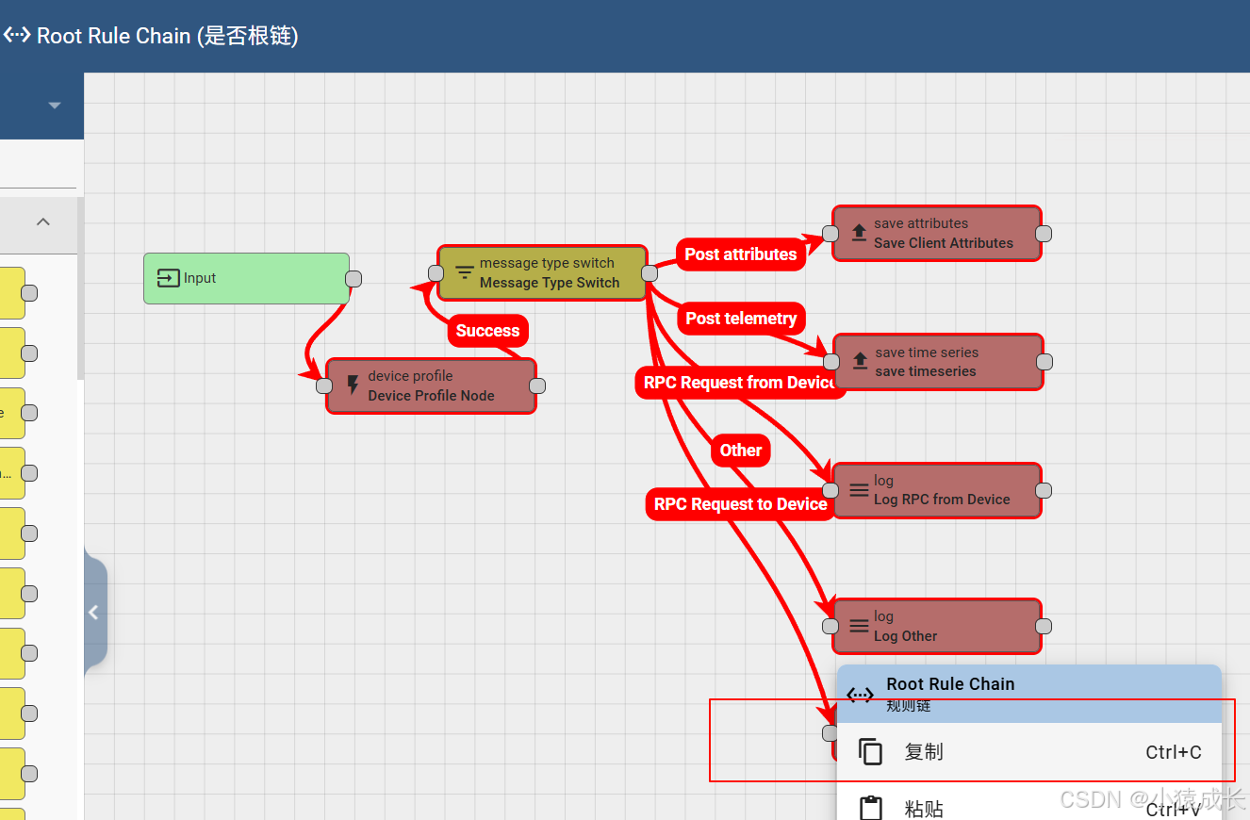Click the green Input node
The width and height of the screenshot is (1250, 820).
point(246,278)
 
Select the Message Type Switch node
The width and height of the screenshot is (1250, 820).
point(542,273)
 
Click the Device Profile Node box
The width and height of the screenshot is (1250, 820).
point(431,385)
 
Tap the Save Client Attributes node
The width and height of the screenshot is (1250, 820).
point(936,234)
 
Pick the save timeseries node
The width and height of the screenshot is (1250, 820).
point(938,362)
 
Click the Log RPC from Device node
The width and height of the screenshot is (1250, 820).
point(937,490)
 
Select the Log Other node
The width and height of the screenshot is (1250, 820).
point(937,626)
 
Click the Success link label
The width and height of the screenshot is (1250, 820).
point(487,331)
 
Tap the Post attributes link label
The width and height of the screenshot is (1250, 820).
point(740,254)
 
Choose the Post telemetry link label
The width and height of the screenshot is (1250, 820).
point(741,319)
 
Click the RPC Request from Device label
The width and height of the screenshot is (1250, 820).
point(740,383)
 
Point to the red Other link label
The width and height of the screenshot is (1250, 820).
point(741,451)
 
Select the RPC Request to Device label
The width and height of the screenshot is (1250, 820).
point(740,504)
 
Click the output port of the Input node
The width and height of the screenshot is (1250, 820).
point(354,278)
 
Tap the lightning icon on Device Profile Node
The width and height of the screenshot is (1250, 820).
point(354,385)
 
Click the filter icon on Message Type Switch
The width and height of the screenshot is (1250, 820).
point(465,273)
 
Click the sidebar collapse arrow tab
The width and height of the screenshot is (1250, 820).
point(93,613)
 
